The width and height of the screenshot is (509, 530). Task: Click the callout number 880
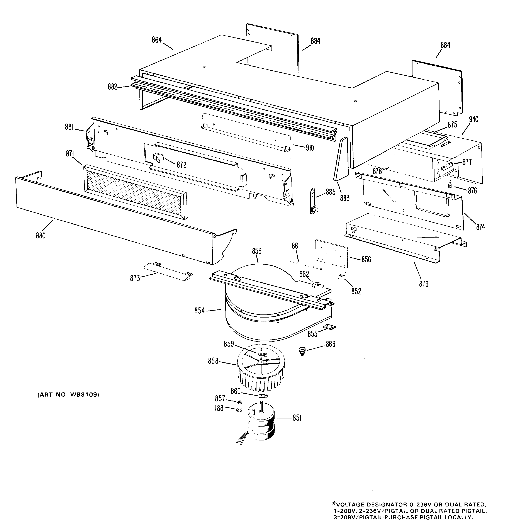[x=41, y=236]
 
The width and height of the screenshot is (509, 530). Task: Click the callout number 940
[x=473, y=119]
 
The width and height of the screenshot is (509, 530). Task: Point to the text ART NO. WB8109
[x=68, y=394]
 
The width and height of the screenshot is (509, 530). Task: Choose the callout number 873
[x=135, y=278]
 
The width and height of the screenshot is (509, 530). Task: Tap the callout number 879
[x=424, y=284]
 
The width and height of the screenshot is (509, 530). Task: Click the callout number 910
[x=310, y=148]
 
